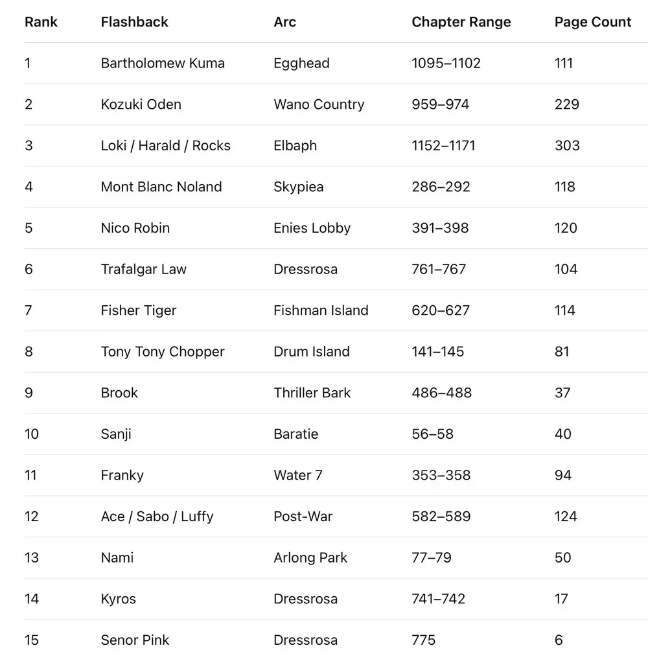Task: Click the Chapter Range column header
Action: pos(461,22)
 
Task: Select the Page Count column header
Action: pos(592,22)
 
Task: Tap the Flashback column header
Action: pos(134,22)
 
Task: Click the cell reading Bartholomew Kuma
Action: pos(163,64)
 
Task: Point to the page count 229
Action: pos(566,104)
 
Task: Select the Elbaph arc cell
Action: pos(295,146)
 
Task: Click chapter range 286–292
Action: pos(441,187)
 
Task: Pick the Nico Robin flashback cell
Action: pos(135,228)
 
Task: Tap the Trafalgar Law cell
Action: pos(143,269)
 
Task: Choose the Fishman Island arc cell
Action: pos(321,310)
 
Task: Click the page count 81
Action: pos(562,352)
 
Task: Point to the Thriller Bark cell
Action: pos(312,393)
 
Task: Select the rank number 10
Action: pos(32,434)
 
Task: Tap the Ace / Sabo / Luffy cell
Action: pos(157,517)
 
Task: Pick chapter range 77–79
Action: pos(431,557)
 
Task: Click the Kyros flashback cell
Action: pos(118,599)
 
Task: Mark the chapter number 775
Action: pos(423,640)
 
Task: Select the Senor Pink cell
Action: pos(135,640)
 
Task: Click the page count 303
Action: pos(566,146)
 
